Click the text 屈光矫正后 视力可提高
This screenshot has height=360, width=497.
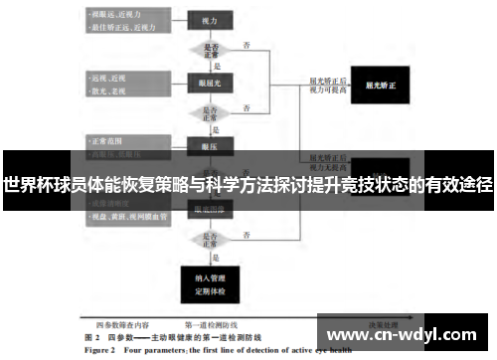pos(328,86)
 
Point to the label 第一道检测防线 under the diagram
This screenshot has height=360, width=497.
pos(212,325)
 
